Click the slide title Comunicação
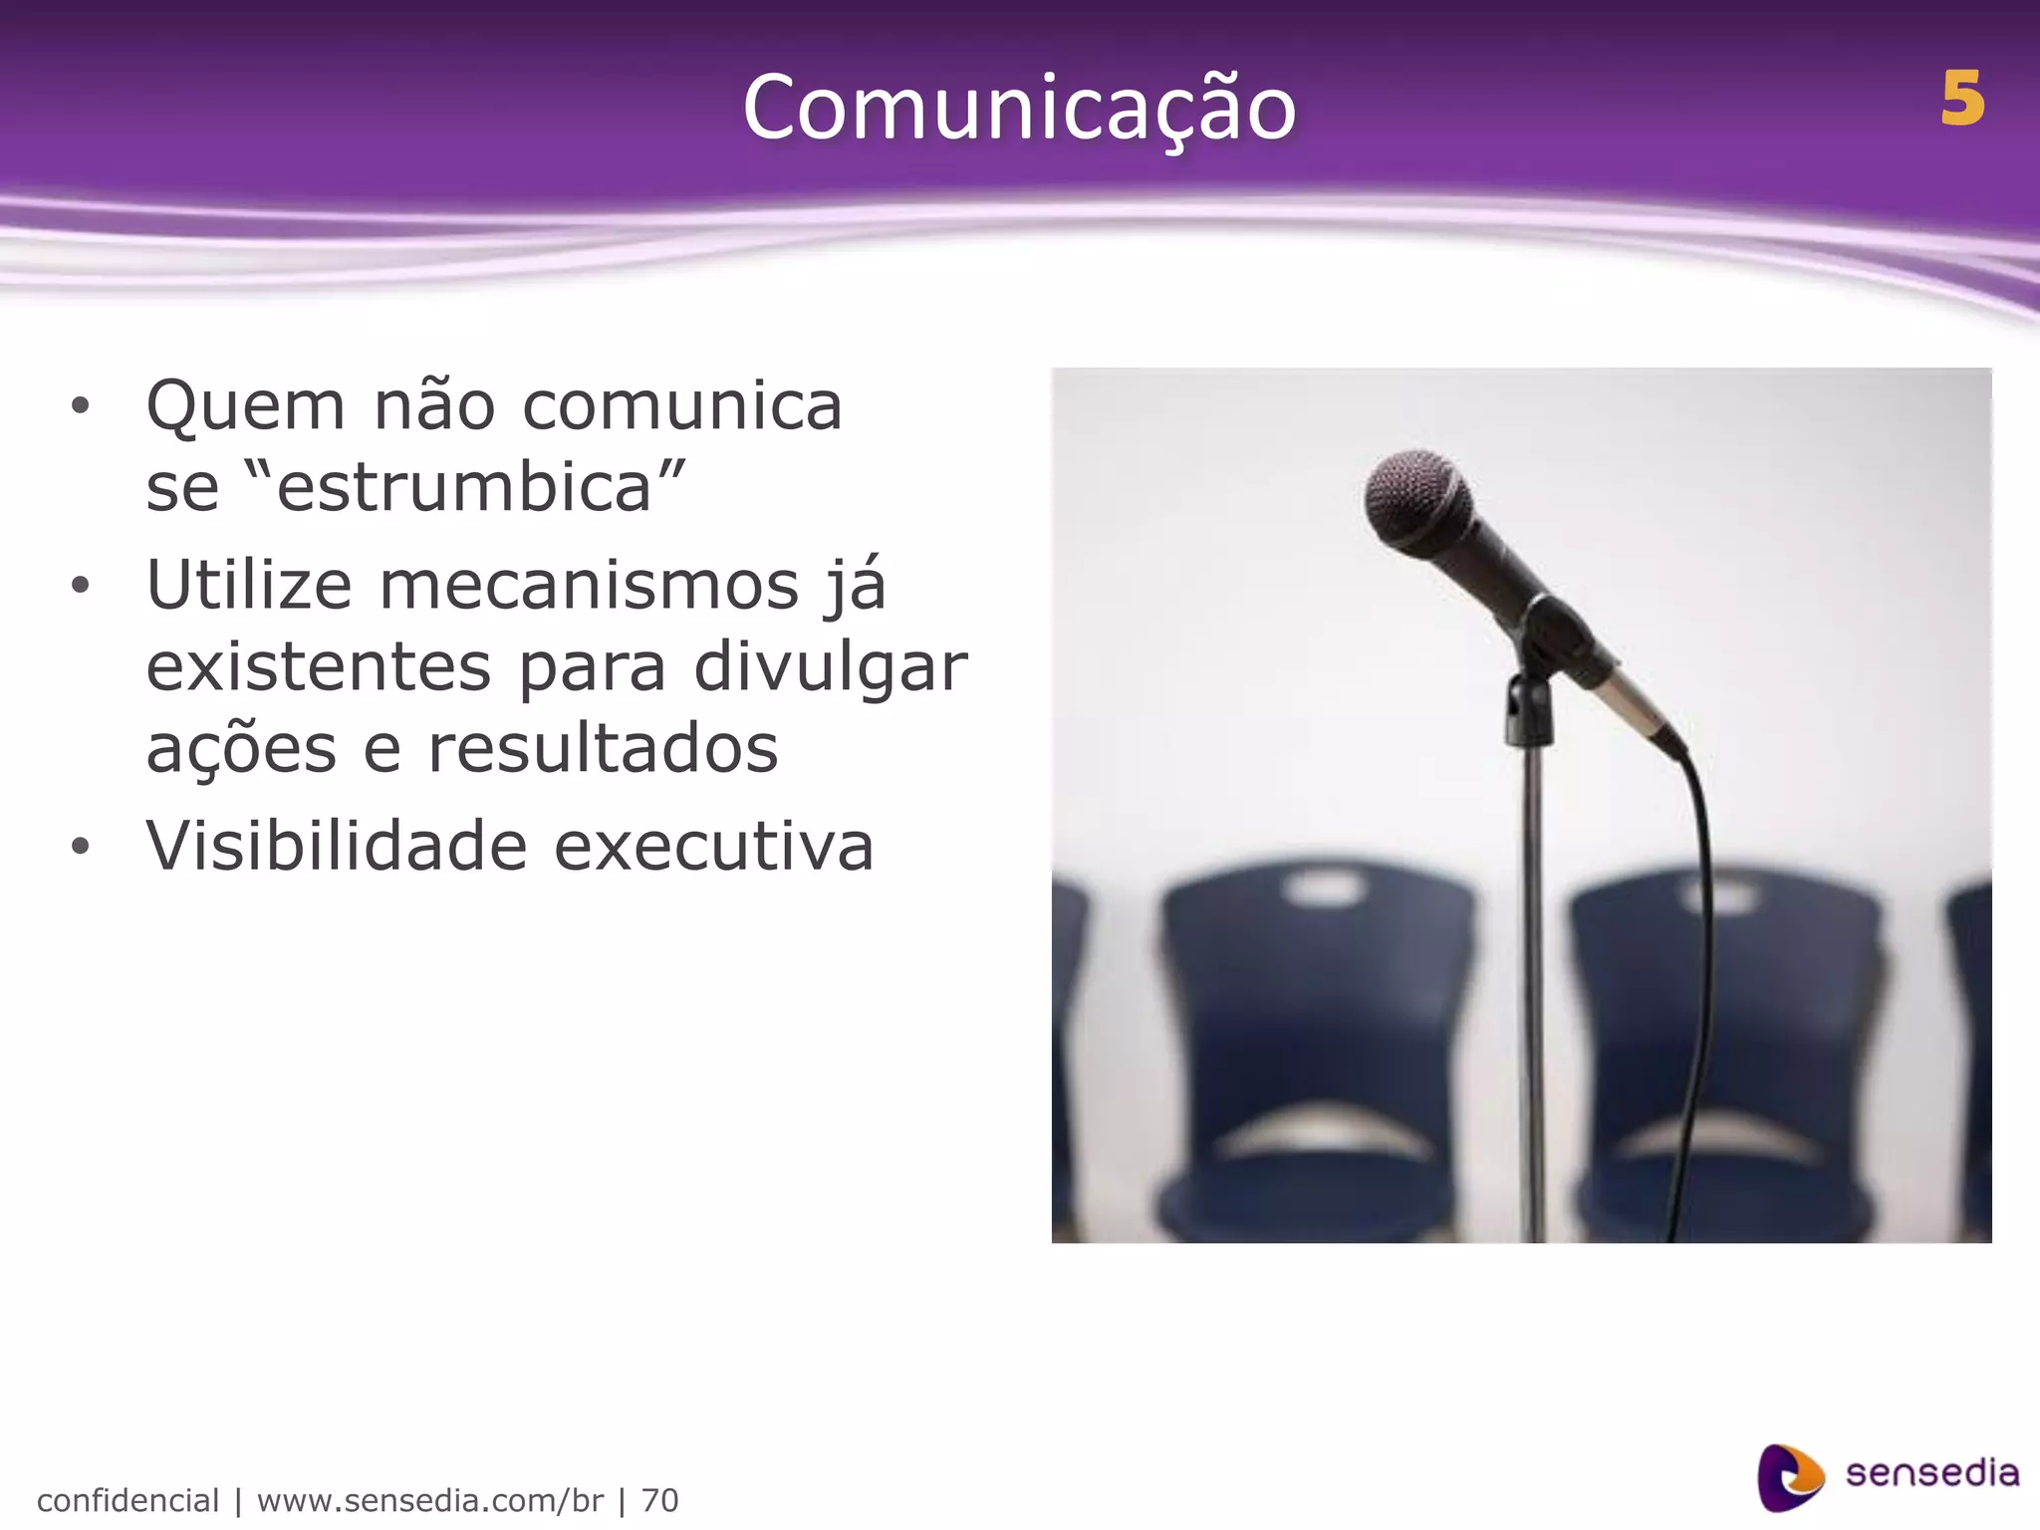point(1019,108)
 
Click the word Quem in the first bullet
point(245,407)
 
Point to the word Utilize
point(249,585)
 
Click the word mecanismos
point(589,585)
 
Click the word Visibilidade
point(336,846)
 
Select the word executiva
point(713,846)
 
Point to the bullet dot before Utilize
point(81,587)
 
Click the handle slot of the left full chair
point(1323,889)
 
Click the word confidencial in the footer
point(127,1500)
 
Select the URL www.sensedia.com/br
point(430,1500)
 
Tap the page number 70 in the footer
point(659,1500)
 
